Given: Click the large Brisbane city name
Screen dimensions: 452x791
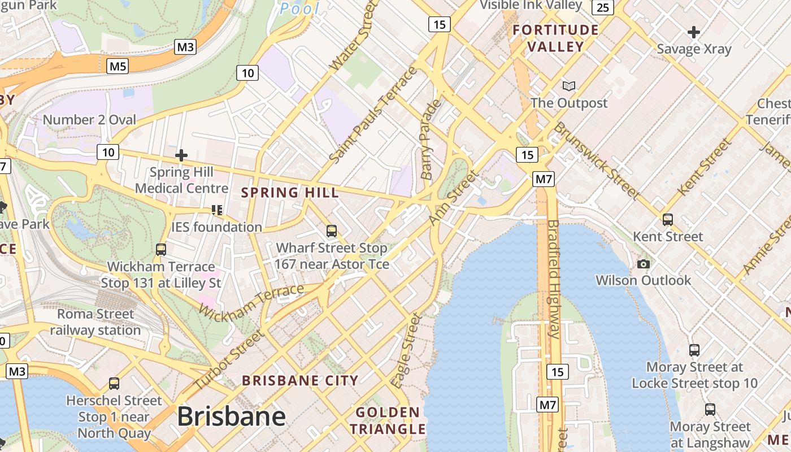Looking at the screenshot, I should coord(231,417).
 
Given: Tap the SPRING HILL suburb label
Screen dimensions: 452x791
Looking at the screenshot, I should coord(290,193).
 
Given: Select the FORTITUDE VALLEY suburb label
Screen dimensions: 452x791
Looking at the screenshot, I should coord(555,38).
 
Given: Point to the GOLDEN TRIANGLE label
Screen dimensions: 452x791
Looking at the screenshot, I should coord(388,420).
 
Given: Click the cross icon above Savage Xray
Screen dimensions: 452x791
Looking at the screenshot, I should coord(694,32).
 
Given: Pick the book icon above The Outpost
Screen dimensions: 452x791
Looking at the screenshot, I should coord(569,86).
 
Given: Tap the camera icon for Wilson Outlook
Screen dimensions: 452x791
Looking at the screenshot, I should coord(643,264).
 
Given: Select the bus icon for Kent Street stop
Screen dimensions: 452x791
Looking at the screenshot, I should coord(668,220).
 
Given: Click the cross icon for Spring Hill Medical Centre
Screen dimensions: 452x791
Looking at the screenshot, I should coord(181,155).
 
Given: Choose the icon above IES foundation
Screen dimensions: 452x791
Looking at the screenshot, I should coord(216,210).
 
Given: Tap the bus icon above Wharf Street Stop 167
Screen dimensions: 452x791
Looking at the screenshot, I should coord(332,231).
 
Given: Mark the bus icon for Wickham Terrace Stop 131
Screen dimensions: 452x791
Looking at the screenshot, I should coord(161,249).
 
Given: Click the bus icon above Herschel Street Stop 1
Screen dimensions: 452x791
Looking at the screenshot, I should coord(114,384).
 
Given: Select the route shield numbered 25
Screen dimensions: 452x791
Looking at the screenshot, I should coord(603,7).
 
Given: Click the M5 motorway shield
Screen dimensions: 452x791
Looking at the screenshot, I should coord(118,67).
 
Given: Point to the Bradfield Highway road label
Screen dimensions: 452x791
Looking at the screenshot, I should coord(553,279).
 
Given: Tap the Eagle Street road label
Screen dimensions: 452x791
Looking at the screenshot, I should coord(406,350).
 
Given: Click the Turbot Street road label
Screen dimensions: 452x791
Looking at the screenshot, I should coord(229,360).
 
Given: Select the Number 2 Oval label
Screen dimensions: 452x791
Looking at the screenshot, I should coord(89,120).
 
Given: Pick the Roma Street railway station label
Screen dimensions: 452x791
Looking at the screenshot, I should coord(95,322).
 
